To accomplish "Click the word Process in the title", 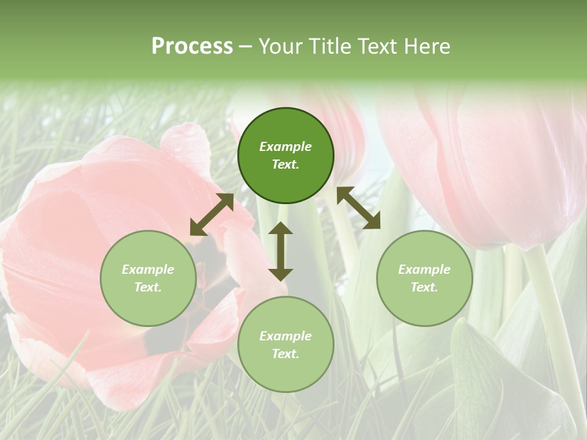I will [192, 46].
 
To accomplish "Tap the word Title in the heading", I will [333, 46].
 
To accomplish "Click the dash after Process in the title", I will [246, 47].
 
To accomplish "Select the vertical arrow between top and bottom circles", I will [281, 251].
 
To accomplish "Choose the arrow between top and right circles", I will [358, 208].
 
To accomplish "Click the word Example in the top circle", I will [286, 147].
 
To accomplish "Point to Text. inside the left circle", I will [148, 287].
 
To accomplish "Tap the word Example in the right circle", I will [424, 269].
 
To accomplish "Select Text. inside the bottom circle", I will [286, 354].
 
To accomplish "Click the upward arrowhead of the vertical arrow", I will [281, 227].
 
